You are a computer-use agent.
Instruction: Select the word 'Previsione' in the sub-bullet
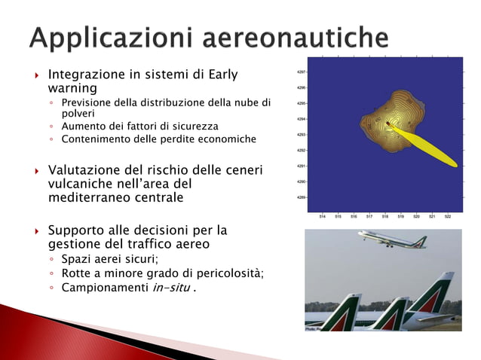(x=88, y=102)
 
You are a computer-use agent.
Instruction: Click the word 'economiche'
(x=228, y=139)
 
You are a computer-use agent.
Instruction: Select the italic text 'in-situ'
(x=166, y=287)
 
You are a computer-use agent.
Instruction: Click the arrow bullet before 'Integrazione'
(x=35, y=75)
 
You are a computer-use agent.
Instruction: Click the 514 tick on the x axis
(x=322, y=215)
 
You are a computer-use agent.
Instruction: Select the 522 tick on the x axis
(x=448, y=215)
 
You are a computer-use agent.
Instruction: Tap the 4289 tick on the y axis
(x=302, y=197)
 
